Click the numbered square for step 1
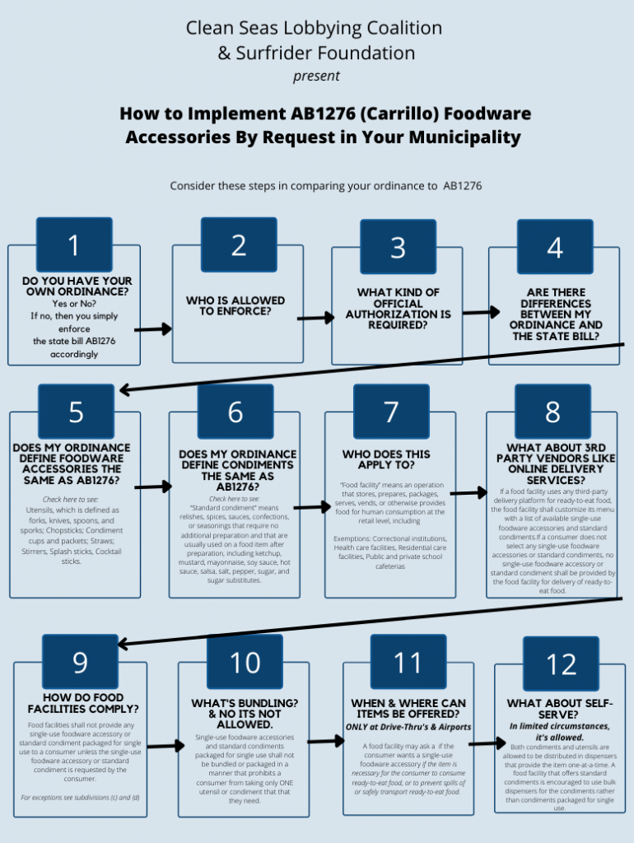coord(74,245)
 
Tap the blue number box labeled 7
coord(391,412)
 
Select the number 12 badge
coord(561,664)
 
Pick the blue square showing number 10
coord(245,662)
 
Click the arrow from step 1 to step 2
coord(153,329)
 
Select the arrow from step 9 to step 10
coord(166,746)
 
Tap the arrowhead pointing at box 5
coord(125,389)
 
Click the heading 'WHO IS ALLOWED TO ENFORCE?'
coord(235,306)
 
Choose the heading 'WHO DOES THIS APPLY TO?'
coord(387,459)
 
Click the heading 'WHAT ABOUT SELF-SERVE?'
coord(559,709)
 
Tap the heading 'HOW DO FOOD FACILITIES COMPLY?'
coord(83,703)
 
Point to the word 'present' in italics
coord(316,76)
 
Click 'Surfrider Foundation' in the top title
coord(325,53)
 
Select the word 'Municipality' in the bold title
coord(465,137)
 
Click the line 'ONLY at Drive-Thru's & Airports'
coord(408,727)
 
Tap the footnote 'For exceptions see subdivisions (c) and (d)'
coord(80,797)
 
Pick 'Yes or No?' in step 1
coord(74,304)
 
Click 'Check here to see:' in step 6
coord(234,499)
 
